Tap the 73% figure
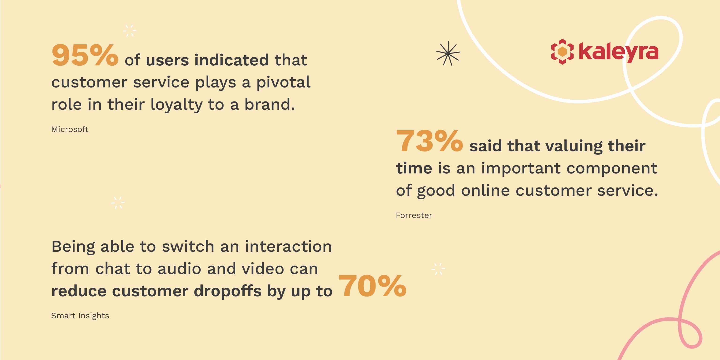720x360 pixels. [429, 141]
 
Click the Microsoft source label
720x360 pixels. [70, 129]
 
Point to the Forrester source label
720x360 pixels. [414, 215]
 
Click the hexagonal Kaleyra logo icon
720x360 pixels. [562, 52]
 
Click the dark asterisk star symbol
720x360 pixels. [448, 53]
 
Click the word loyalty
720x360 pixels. [176, 105]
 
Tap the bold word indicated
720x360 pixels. [231, 60]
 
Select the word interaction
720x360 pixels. [288, 247]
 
